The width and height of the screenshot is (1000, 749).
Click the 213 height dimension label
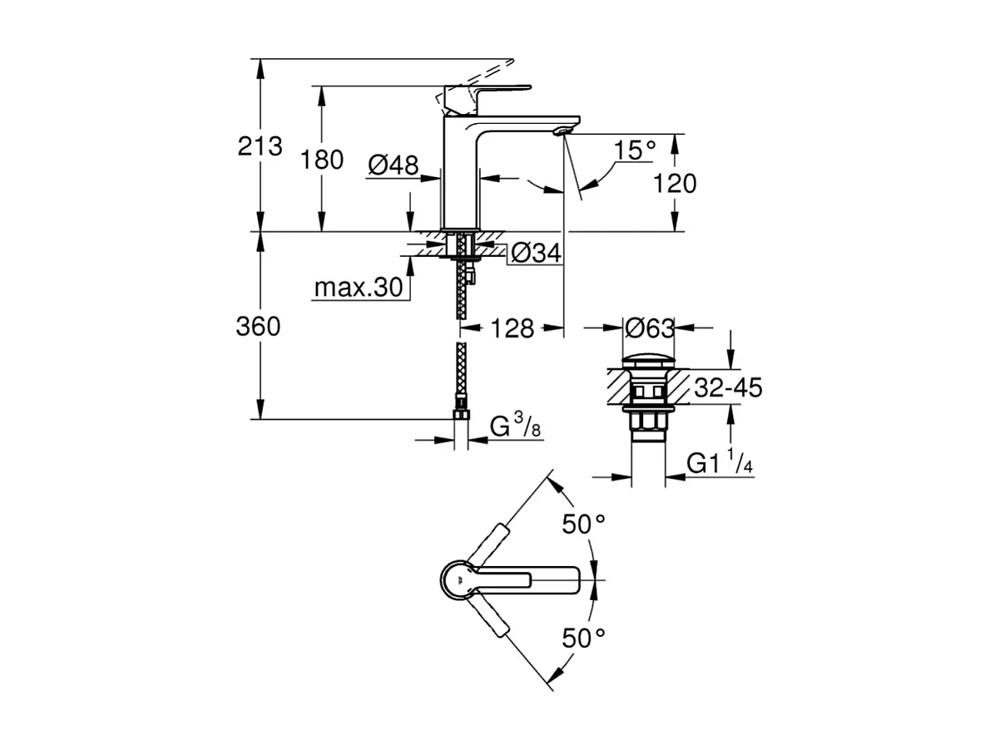[x=260, y=146]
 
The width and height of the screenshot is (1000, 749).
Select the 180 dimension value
[x=322, y=160]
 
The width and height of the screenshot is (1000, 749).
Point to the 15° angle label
[x=636, y=150]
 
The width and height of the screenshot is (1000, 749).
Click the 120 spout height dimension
[x=675, y=183]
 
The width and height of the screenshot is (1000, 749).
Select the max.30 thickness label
[x=359, y=288]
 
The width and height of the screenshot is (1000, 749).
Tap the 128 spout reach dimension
[x=512, y=328]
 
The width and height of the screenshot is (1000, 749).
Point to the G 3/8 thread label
[x=514, y=427]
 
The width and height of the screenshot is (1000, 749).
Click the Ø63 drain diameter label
[x=650, y=328]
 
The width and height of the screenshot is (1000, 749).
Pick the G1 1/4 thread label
[x=720, y=464]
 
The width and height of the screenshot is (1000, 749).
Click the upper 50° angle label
[x=583, y=525]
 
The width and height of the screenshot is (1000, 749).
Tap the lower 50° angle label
[x=583, y=638]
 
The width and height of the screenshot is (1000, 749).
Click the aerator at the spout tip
[x=564, y=130]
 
